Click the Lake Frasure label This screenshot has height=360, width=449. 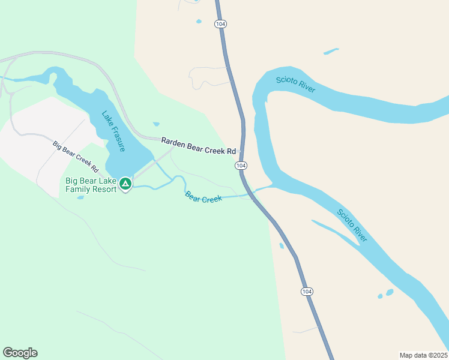click(x=113, y=131)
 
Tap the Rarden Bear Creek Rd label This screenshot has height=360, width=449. click(x=198, y=146)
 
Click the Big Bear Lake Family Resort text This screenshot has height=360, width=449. click(x=91, y=186)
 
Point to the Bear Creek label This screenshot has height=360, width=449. click(x=203, y=197)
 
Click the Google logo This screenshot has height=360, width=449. click(x=20, y=353)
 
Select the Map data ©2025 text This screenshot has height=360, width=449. click(x=424, y=355)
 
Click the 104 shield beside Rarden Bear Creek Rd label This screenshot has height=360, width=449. click(x=241, y=165)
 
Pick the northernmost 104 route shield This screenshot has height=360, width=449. click(x=220, y=24)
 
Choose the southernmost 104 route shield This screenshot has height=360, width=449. click(x=307, y=291)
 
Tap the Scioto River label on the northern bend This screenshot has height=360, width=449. click(x=296, y=85)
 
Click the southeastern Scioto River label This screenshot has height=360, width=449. click(x=352, y=225)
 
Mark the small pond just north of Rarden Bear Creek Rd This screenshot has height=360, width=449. click(x=156, y=124)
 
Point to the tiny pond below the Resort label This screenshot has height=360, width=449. click(x=80, y=197)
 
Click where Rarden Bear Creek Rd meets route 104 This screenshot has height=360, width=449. click(x=243, y=150)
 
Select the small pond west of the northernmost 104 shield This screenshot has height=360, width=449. click(x=199, y=22)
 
